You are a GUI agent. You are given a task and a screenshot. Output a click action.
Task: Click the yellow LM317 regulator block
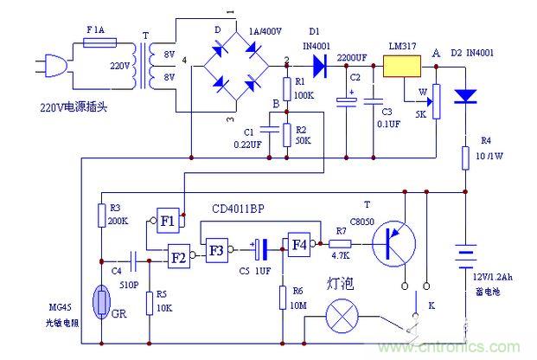tap(401, 66)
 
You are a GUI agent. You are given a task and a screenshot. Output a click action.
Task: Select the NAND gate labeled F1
tap(168, 221)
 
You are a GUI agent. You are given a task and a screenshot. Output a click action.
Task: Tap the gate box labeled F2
tap(180, 256)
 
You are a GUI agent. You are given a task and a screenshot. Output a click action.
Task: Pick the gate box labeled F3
tap(216, 249)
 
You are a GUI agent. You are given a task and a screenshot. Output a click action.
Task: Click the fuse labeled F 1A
tap(94, 41)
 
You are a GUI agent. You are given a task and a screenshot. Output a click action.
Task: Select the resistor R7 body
tap(340, 244)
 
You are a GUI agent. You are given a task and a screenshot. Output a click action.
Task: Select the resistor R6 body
tap(283, 296)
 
